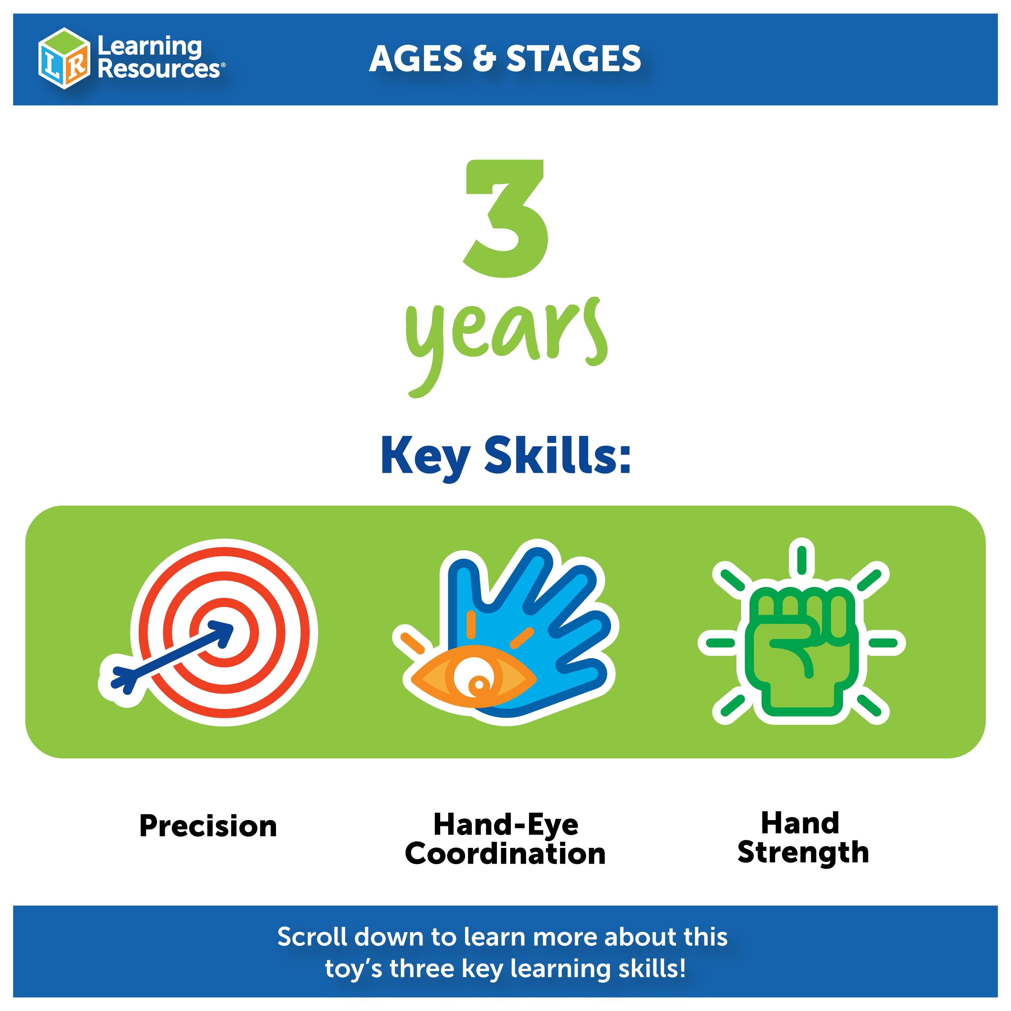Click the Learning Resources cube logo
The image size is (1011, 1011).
point(64,58)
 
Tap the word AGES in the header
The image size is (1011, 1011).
point(416,59)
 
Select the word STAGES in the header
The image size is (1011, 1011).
point(574,59)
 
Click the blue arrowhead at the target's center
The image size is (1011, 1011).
point(221,633)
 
